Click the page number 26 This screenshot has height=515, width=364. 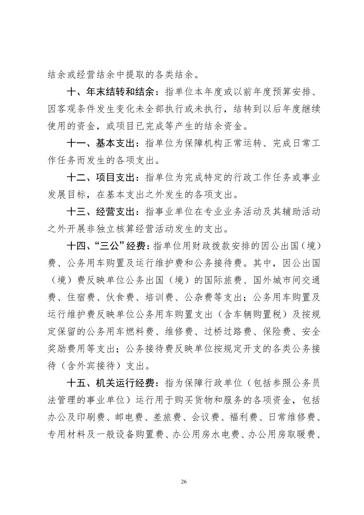click(184, 482)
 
